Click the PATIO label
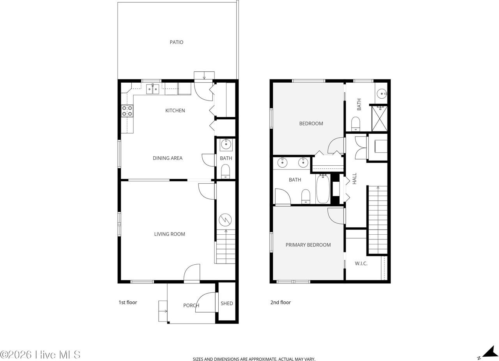click(176, 42)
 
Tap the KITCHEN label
click(175, 111)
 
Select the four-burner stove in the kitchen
click(127, 111)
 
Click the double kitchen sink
click(152, 89)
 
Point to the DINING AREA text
click(167, 158)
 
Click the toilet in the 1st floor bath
click(225, 171)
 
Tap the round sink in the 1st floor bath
click(225, 145)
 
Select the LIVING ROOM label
click(170, 234)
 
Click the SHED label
click(226, 303)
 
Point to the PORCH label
click(191, 305)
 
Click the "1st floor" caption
click(128, 303)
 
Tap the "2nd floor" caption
click(281, 303)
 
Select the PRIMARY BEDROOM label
click(308, 245)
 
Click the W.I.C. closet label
click(361, 264)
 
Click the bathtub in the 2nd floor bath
click(323, 189)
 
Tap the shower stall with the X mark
click(380, 119)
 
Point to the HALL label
click(355, 179)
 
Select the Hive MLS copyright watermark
click(41, 354)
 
